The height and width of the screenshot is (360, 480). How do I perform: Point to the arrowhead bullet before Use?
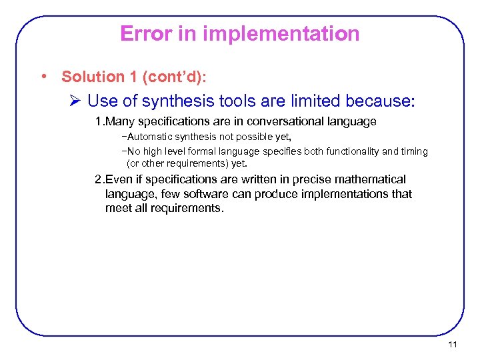pos(75,101)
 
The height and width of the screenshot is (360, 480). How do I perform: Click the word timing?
pos(414,151)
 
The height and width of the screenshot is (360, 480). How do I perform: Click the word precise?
pos(306,179)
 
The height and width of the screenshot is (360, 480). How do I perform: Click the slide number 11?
pos(453,345)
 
